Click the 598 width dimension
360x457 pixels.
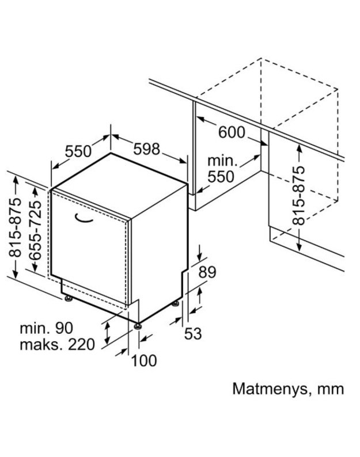click(x=146, y=149)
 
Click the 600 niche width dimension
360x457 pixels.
click(x=232, y=132)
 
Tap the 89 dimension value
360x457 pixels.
click(x=207, y=272)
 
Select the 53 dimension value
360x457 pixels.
click(x=193, y=333)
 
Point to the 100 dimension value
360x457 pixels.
click(x=144, y=360)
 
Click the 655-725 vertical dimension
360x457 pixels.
click(x=36, y=230)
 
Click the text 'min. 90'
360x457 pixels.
click(x=46, y=328)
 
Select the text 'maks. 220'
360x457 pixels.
click(x=57, y=345)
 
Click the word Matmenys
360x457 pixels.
click(x=270, y=389)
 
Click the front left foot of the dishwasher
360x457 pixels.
click(x=69, y=299)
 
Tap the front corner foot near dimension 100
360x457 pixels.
click(x=138, y=326)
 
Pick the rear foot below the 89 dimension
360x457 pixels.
click(x=176, y=303)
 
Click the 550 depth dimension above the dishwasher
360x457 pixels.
click(x=78, y=151)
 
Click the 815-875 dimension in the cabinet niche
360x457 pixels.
click(x=298, y=195)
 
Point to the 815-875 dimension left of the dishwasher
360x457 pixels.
click(x=15, y=227)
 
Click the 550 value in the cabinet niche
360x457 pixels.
click(x=221, y=177)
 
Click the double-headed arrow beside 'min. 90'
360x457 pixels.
click(x=107, y=333)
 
